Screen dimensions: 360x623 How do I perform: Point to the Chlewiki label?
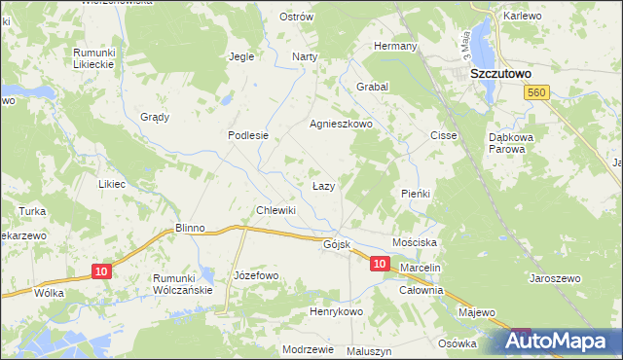[x=275, y=210]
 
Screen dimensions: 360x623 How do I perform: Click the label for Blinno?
[x=190, y=228]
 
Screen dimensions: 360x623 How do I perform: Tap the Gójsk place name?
[x=337, y=244]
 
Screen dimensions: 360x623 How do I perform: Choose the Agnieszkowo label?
[x=342, y=125]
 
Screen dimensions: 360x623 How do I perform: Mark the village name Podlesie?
[x=247, y=135]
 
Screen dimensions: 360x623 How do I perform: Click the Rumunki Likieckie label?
[x=94, y=57]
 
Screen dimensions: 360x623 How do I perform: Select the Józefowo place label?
[x=257, y=275]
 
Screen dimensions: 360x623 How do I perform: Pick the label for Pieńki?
[x=416, y=194]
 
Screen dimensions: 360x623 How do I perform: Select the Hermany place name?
[x=397, y=46]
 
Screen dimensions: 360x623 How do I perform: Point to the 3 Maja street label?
[x=466, y=43]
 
